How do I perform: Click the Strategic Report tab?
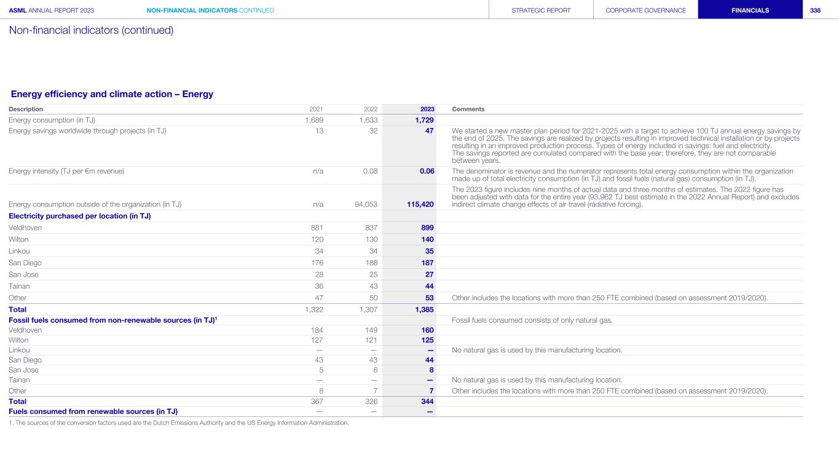point(541,10)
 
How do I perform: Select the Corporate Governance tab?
point(645,10)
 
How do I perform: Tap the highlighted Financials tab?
point(750,10)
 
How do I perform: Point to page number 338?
point(815,10)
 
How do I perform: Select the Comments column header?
point(468,109)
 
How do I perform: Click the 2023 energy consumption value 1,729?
point(422,120)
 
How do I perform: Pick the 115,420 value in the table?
point(418,204)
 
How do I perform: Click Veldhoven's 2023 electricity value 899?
point(426,228)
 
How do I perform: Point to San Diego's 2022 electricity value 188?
point(371,263)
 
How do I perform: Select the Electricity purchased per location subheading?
point(80,216)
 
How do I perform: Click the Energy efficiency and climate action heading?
point(112,94)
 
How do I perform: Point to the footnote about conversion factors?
point(178,422)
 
